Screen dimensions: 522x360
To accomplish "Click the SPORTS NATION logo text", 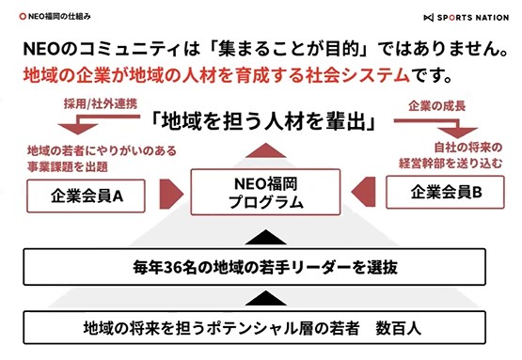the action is click(x=473, y=17).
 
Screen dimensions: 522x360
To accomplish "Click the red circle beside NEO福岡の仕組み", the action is click(x=23, y=16).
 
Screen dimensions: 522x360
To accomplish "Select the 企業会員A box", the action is click(x=86, y=196).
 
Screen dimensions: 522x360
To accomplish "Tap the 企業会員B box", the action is click(x=445, y=193).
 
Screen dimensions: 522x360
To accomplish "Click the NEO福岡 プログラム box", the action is click(x=265, y=192).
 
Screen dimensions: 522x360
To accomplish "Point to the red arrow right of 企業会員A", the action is click(x=171, y=194).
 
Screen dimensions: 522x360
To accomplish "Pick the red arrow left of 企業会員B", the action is click(x=364, y=192).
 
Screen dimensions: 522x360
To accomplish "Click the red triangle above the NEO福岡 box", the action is click(x=265, y=150).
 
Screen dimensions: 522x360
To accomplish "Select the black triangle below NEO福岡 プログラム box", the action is click(x=265, y=237).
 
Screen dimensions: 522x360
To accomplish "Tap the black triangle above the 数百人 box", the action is click(x=265, y=298).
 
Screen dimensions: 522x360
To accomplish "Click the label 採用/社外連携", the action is click(x=101, y=104).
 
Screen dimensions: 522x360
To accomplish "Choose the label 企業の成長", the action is click(x=436, y=106).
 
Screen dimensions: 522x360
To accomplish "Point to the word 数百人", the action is click(x=398, y=328).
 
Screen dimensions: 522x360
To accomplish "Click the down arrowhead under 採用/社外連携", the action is click(x=78, y=129).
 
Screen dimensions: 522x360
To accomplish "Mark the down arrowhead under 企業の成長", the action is click(x=458, y=133).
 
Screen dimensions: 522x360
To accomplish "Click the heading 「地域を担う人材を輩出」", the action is click(x=263, y=121).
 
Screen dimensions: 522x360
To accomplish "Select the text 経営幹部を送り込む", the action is click(x=451, y=164).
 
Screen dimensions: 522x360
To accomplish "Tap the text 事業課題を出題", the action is click(x=68, y=166).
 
